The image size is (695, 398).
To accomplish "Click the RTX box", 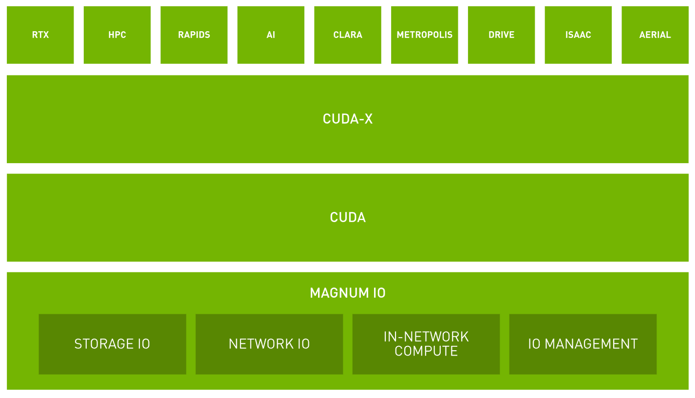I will click(40, 35).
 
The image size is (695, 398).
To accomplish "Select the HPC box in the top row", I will click(117, 35).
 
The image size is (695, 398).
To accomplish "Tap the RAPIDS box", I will click(194, 35).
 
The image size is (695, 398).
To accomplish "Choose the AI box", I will click(271, 35).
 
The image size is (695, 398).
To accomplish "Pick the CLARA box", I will click(348, 35).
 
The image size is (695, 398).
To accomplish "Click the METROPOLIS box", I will click(424, 35).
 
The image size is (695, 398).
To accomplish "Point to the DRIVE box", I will click(501, 35).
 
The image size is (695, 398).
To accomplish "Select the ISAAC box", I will click(578, 35).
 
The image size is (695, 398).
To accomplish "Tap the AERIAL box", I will click(655, 35).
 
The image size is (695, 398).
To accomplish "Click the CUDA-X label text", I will click(348, 119).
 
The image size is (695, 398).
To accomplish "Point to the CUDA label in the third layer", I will click(348, 217).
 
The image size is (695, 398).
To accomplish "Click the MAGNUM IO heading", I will click(348, 293).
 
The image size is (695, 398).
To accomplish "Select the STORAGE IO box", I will click(113, 344).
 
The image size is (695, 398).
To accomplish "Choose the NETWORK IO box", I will click(269, 344).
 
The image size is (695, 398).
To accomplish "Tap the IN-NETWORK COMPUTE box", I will click(426, 344).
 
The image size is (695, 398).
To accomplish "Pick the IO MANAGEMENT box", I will click(583, 344).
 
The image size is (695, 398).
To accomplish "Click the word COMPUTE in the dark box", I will click(426, 351).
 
